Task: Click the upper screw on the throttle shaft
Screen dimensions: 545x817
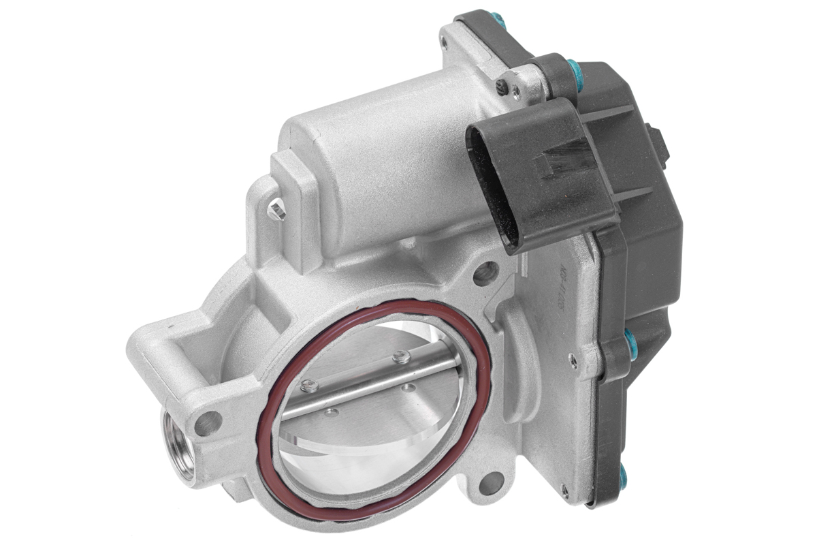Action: pos(402,356)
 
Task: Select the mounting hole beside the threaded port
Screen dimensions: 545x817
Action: pos(207,423)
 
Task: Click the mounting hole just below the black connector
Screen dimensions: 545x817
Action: pos(484,274)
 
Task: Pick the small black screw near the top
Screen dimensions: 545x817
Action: pos(502,86)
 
